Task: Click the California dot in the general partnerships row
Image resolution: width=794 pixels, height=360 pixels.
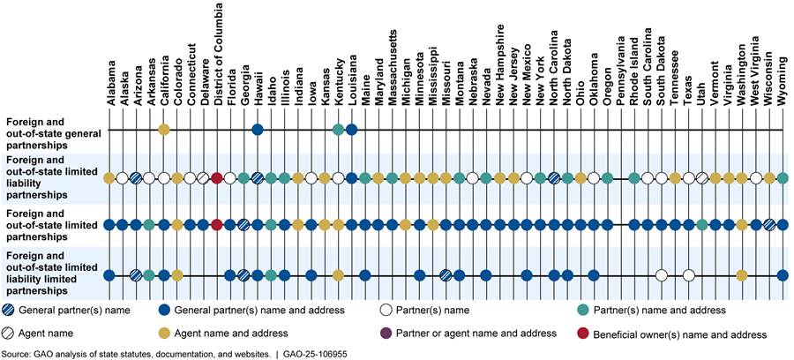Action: [x=163, y=131]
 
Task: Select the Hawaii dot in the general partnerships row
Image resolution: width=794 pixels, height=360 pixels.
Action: [x=258, y=131]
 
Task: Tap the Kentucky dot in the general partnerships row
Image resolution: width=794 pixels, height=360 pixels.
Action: [x=338, y=131]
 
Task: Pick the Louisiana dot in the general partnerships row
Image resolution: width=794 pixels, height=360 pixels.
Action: [x=351, y=131]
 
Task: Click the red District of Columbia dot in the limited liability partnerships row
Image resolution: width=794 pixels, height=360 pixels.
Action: [x=217, y=178]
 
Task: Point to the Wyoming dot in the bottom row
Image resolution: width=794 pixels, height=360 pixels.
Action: [x=783, y=275]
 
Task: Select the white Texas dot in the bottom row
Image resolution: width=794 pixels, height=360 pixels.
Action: [x=689, y=275]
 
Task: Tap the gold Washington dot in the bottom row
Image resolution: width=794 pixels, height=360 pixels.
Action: [x=742, y=275]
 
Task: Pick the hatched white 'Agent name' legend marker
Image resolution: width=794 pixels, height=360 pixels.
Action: [x=14, y=333]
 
